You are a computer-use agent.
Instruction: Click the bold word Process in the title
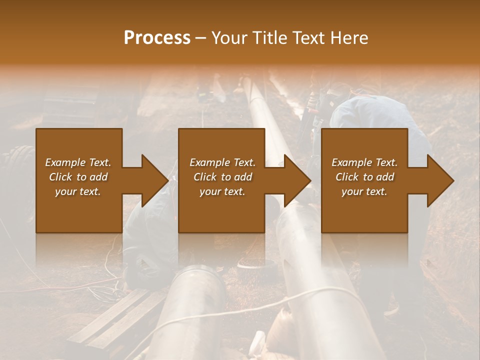pos(157,37)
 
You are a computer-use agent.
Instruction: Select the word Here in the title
pos(349,37)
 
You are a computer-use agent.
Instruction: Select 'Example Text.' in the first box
pos(78,162)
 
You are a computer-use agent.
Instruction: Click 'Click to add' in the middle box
pos(222,177)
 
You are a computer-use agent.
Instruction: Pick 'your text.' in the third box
pos(364,191)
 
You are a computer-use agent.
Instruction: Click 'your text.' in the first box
pos(78,191)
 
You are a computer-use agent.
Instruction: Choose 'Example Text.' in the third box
pos(364,162)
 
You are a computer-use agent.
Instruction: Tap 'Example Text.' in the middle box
pos(222,162)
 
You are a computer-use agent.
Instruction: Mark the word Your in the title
pos(228,37)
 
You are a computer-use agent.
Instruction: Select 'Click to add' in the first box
pos(78,177)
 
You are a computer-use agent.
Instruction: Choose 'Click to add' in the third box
pos(364,177)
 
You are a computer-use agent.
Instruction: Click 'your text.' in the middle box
pos(222,191)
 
